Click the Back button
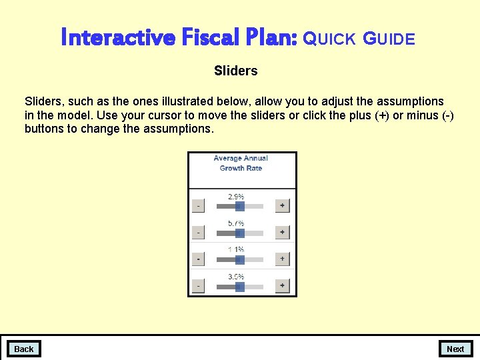(x=23, y=349)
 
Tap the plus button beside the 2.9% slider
(x=282, y=206)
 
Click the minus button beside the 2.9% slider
(x=198, y=206)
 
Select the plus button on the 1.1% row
(x=282, y=259)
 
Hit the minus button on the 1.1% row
(x=198, y=259)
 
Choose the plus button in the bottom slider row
(x=282, y=286)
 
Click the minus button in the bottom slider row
(x=198, y=286)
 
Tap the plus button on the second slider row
(x=282, y=233)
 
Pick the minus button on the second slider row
(x=198, y=233)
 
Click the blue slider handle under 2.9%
(x=239, y=207)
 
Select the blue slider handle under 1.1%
(x=239, y=259)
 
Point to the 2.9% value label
(x=236, y=197)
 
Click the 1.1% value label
(x=236, y=249)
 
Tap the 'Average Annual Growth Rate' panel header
(x=241, y=163)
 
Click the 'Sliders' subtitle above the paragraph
(x=235, y=70)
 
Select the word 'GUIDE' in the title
(x=389, y=39)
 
